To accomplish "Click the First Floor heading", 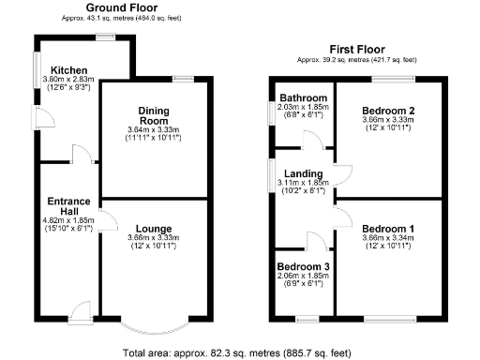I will coord(357,48).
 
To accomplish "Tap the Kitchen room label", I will coord(69,70).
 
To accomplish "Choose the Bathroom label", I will coord(303,98).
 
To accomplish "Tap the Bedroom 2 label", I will coord(388,110).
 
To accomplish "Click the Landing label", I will coord(306,173).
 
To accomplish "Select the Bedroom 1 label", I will coord(388,228).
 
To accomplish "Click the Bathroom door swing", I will coord(310,141).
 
